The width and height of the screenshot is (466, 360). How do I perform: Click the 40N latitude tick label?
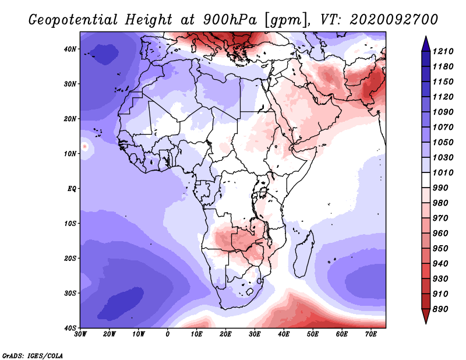[70, 49]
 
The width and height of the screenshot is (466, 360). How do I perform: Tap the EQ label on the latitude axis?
[72, 189]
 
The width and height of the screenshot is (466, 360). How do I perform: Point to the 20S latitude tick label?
[70, 258]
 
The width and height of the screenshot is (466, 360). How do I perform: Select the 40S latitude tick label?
[70, 328]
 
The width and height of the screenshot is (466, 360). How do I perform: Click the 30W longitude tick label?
[80, 334]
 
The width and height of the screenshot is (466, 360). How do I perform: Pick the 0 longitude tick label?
[168, 334]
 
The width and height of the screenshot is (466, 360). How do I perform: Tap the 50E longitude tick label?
[313, 334]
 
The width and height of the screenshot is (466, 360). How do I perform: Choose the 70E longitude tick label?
[371, 334]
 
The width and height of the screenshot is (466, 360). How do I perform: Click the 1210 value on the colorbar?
[443, 51]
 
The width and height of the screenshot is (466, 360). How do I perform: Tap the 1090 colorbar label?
[443, 112]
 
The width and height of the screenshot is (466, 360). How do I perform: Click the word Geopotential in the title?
[73, 20]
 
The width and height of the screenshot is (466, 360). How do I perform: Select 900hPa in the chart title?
[230, 20]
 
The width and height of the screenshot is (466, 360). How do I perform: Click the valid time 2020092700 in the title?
[394, 20]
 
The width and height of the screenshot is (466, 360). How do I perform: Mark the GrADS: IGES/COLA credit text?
[33, 356]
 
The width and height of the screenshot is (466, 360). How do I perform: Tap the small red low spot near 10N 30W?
[85, 147]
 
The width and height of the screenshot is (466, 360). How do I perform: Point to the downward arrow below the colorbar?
[426, 316]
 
